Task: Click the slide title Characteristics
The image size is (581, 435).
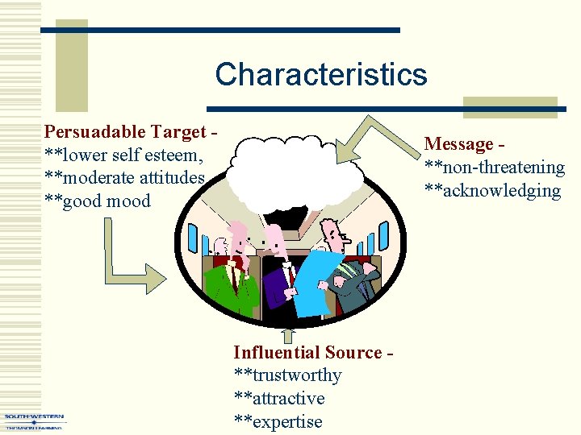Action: tap(320, 74)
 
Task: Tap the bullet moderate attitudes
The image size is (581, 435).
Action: tap(125, 177)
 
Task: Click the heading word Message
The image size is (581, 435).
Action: tap(458, 144)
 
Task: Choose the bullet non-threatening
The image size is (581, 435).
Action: tap(494, 168)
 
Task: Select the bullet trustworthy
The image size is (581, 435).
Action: tap(287, 375)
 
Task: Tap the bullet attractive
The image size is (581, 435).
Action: tap(278, 399)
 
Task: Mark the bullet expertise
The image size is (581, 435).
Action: tap(278, 422)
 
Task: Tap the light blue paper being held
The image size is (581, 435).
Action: tap(316, 278)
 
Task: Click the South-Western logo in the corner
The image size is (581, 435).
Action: tap(34, 420)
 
